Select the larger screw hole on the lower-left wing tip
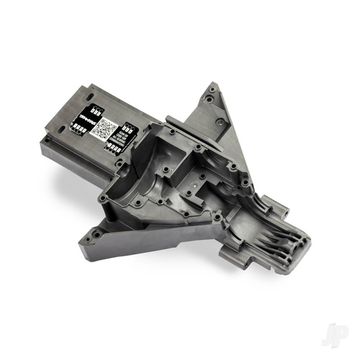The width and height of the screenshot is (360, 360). [96, 235]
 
